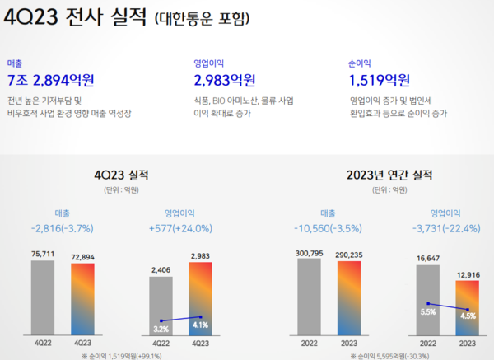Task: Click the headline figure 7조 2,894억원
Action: [49, 80]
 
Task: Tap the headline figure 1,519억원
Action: [380, 80]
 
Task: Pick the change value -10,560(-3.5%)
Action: [329, 228]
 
